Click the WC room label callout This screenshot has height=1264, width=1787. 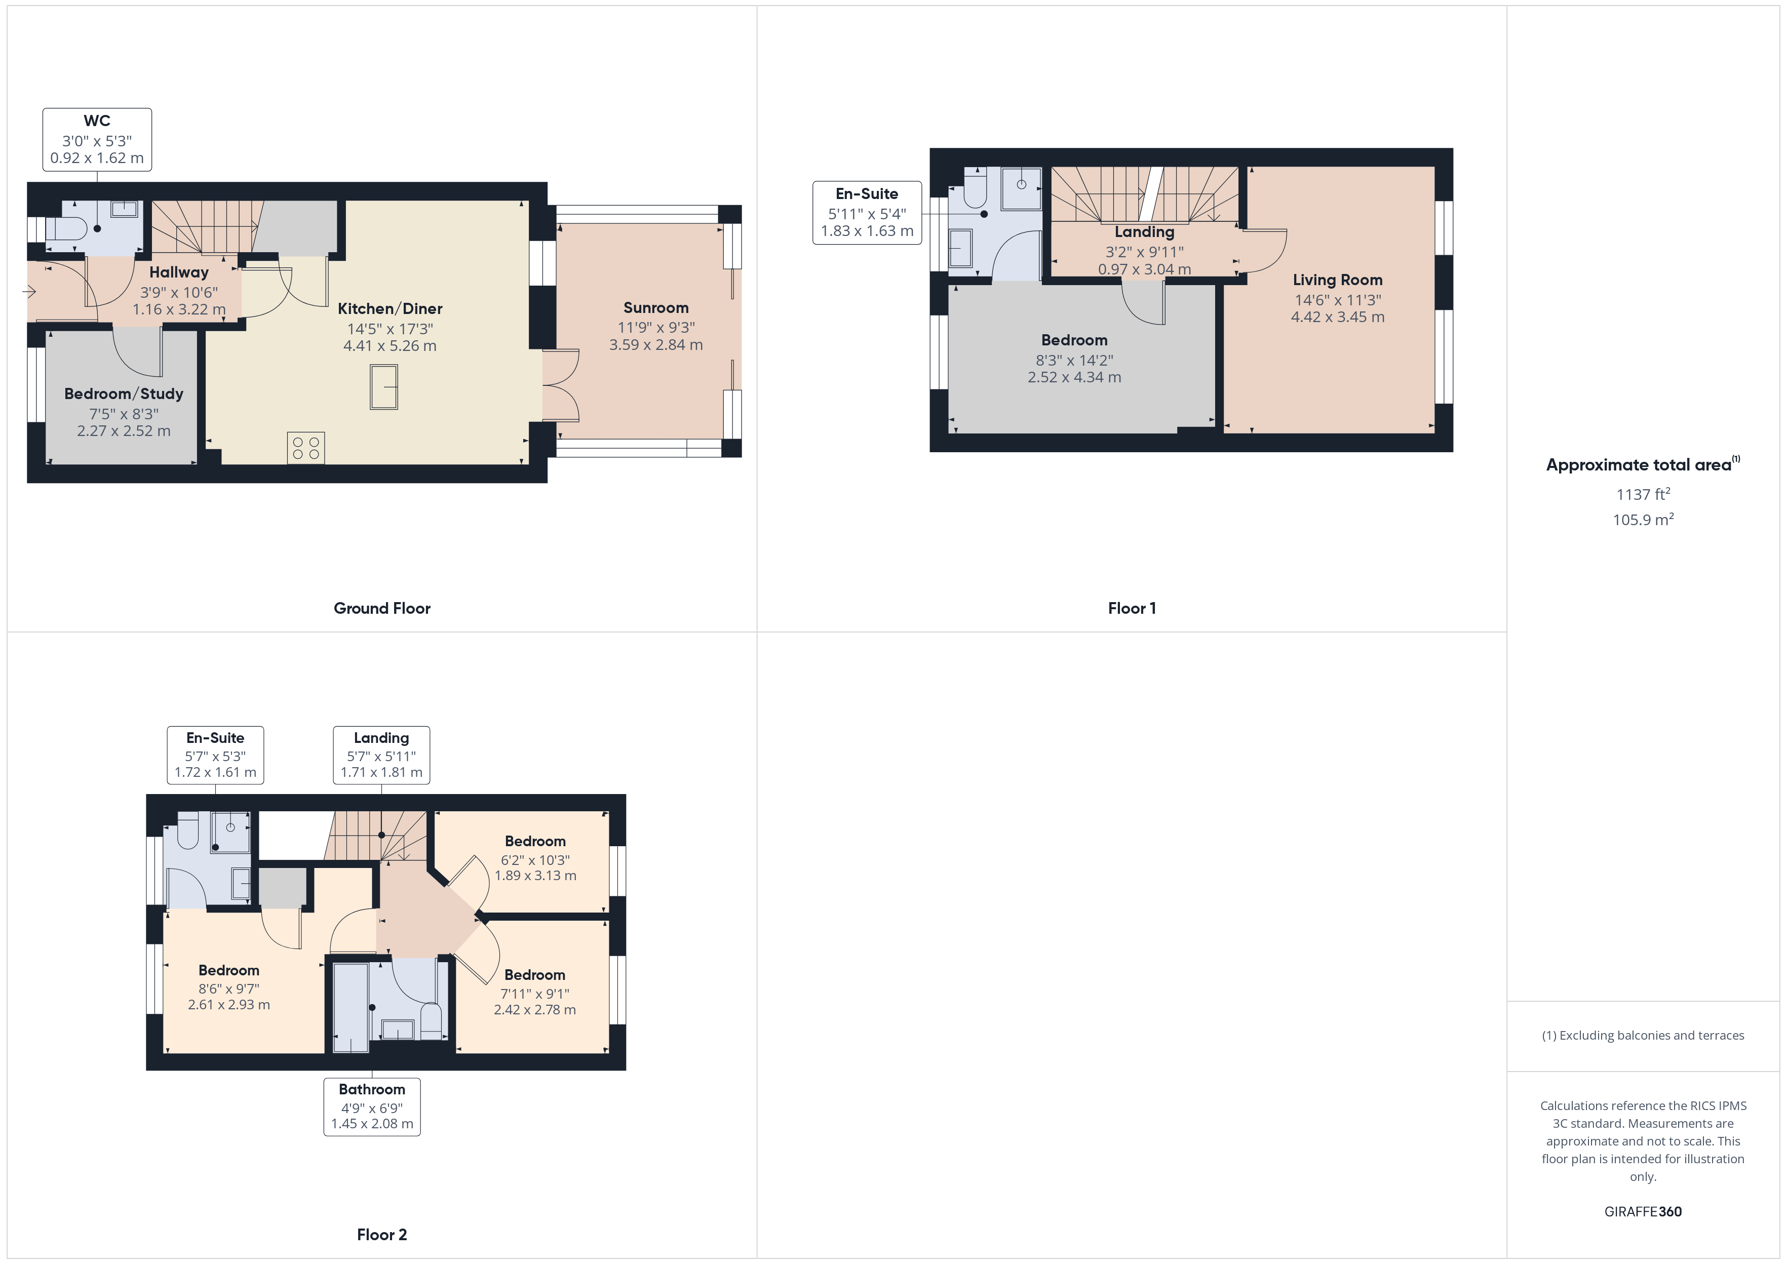[x=97, y=139]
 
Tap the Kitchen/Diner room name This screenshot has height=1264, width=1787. [x=390, y=308]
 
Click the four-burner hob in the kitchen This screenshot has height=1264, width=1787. [x=306, y=448]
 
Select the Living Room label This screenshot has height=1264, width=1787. [x=1338, y=280]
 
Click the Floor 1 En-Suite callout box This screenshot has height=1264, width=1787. [x=867, y=213]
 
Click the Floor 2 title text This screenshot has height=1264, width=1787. [x=382, y=1235]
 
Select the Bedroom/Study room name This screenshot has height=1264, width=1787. [x=124, y=394]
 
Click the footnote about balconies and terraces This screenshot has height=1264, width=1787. [x=1643, y=1035]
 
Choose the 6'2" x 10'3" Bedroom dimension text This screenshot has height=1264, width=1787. [x=535, y=860]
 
